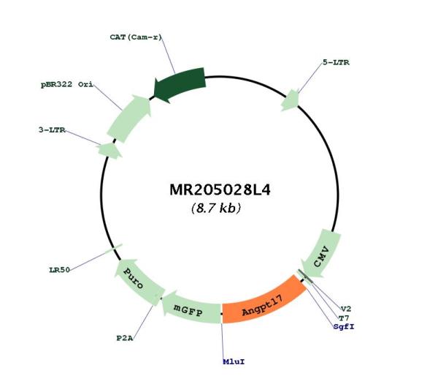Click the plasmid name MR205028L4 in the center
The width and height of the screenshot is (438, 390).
coord(220,190)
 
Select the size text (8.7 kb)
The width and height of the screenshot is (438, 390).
coord(216,208)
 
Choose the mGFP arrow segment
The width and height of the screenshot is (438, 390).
coord(191,309)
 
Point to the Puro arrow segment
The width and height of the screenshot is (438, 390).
coord(137,280)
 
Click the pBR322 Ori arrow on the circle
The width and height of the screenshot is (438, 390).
coord(129,119)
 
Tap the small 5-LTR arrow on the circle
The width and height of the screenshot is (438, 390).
coord(291,100)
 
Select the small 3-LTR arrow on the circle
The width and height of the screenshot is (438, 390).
coord(109,150)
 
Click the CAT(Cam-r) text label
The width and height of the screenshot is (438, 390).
coord(136,37)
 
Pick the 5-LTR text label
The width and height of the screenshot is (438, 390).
coord(336,62)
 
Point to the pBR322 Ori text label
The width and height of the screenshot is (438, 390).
coord(67,85)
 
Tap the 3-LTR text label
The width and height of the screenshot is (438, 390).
coord(52,130)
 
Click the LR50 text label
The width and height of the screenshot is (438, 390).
coord(59,270)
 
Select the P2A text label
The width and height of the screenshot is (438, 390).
coord(125,338)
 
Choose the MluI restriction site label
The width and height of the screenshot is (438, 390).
coord(234,361)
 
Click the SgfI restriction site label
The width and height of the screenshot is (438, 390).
coord(344,327)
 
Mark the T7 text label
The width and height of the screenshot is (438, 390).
coord(344,318)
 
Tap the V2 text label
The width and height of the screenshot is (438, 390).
coord(346,309)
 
